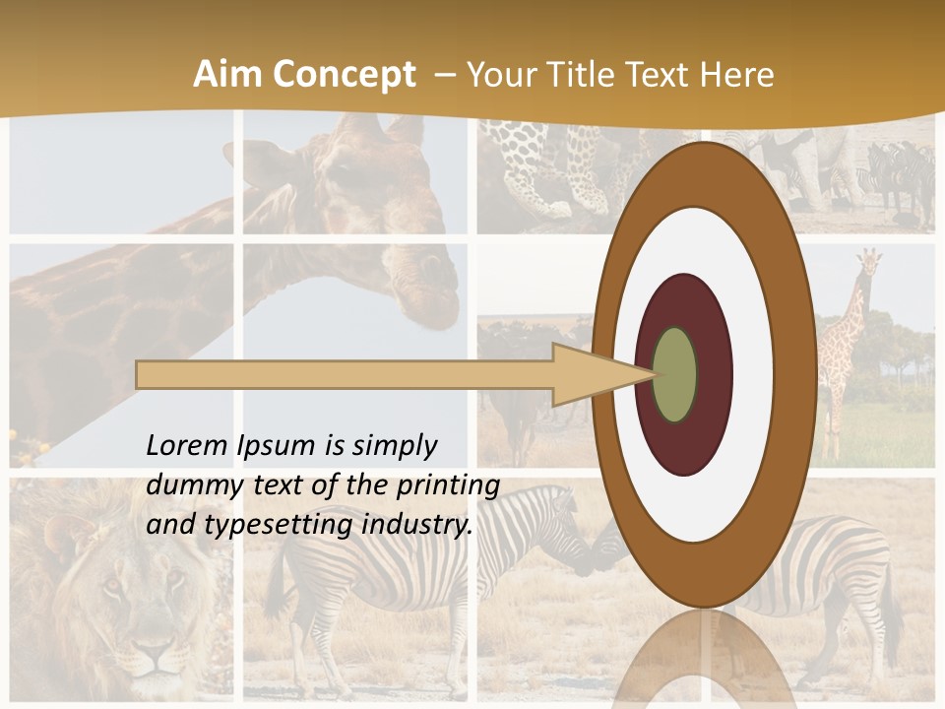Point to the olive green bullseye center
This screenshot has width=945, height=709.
point(675,375)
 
